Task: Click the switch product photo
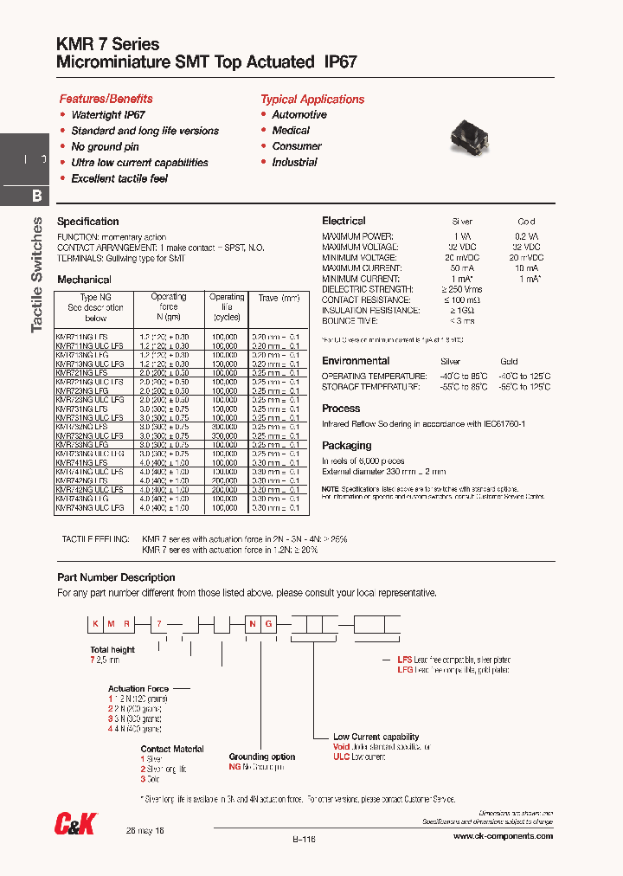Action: [x=473, y=135]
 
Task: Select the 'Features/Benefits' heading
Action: [x=106, y=99]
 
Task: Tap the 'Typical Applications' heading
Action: [x=312, y=99]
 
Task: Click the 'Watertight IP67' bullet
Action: [x=108, y=115]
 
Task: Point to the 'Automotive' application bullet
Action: [x=299, y=115]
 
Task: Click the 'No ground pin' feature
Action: [x=105, y=147]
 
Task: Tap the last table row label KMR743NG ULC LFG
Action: [x=90, y=509]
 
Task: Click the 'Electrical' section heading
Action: [x=344, y=221]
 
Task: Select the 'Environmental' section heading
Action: [x=356, y=360]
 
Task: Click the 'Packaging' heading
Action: [x=346, y=446]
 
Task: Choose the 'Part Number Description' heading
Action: [x=116, y=577]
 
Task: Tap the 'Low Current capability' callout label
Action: [x=376, y=737]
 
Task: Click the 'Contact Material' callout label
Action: [x=172, y=749]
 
